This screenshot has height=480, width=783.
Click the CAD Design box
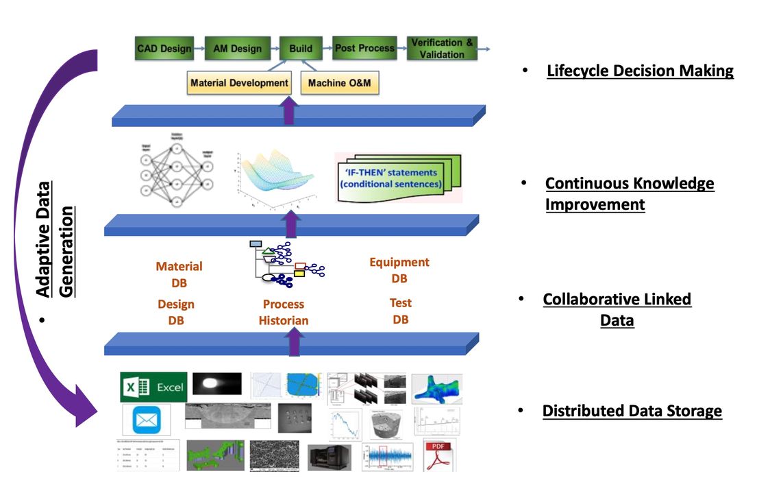[164, 49]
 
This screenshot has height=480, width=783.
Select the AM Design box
[237, 49]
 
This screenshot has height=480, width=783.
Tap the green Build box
[301, 49]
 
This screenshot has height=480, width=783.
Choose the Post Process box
[364, 49]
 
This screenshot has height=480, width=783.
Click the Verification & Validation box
[442, 49]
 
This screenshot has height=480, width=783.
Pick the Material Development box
[239, 83]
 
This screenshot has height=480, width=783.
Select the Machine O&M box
[340, 83]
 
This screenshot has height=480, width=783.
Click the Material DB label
[179, 274]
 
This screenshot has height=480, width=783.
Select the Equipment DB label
[399, 270]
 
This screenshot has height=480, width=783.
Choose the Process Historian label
[284, 312]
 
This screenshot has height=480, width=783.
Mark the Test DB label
[401, 311]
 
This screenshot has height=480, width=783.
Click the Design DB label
[176, 312]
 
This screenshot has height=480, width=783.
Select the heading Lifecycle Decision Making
[640, 71]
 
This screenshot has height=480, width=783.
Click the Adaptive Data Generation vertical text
[55, 239]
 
